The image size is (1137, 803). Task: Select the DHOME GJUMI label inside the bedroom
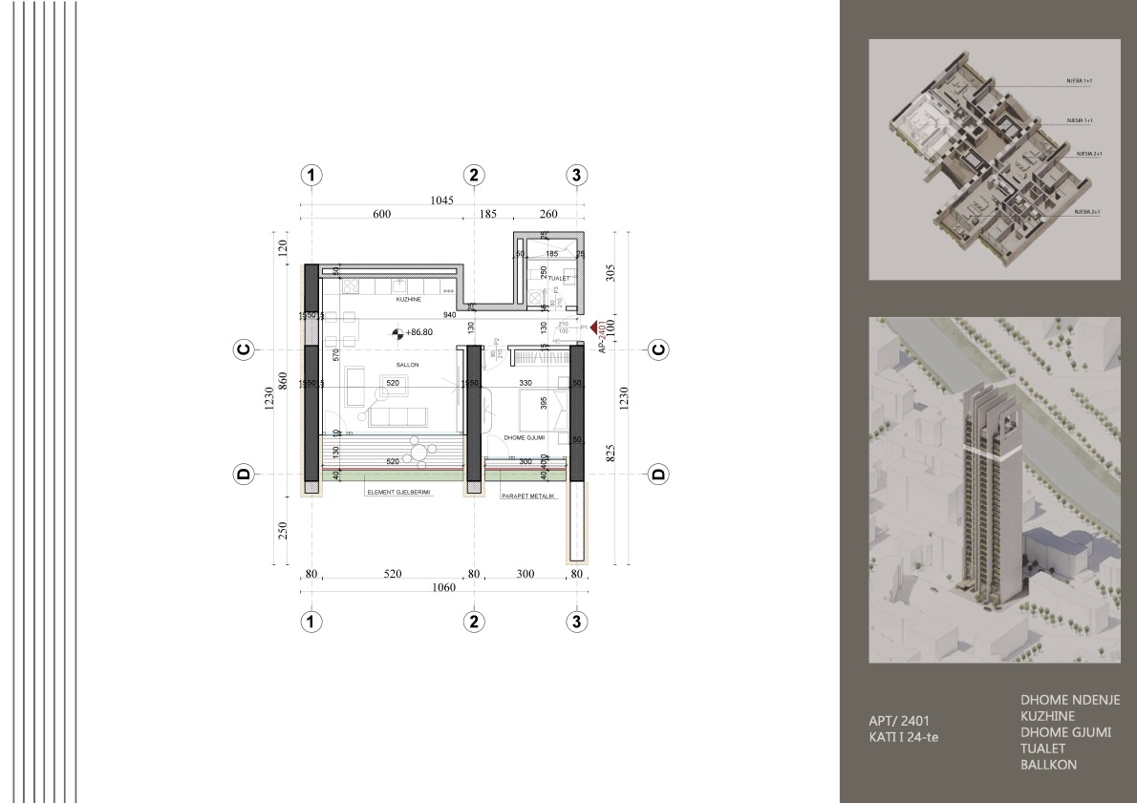click(x=525, y=437)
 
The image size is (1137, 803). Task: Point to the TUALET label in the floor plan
click(x=558, y=279)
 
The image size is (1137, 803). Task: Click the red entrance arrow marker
click(x=596, y=327)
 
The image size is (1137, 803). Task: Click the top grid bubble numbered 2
click(x=475, y=175)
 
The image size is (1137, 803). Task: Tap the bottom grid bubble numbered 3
click(x=576, y=621)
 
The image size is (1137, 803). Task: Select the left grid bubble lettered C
click(x=244, y=350)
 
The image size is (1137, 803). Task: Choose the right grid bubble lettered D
click(x=658, y=474)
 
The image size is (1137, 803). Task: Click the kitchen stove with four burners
click(x=350, y=286)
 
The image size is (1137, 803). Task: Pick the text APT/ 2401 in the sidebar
click(x=893, y=721)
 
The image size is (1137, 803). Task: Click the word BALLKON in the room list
click(x=1048, y=765)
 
